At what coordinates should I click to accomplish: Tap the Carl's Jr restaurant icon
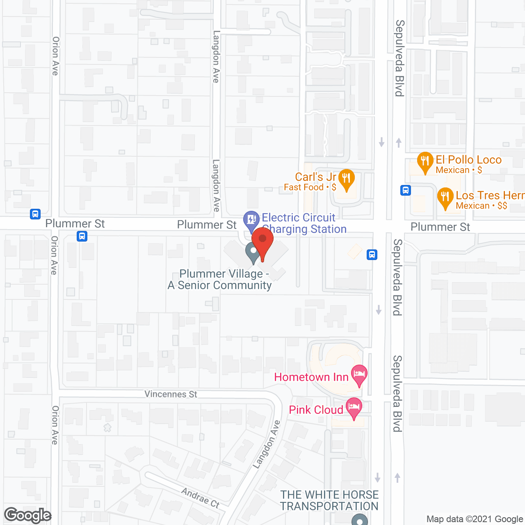click(x=347, y=179)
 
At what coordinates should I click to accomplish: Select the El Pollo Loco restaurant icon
click(x=425, y=162)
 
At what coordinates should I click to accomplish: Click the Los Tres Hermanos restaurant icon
click(x=445, y=197)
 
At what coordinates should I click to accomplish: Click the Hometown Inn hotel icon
click(x=359, y=374)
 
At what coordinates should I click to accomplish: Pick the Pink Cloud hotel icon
click(x=354, y=407)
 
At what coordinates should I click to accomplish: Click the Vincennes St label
click(x=171, y=394)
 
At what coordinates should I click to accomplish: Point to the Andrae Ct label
click(x=201, y=498)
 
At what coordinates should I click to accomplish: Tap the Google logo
click(x=28, y=515)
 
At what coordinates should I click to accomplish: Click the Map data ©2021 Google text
click(x=475, y=519)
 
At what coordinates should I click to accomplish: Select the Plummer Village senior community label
click(x=220, y=279)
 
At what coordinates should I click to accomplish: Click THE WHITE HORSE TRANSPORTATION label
click(x=329, y=500)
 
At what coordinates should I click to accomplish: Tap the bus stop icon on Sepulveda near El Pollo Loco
click(x=406, y=190)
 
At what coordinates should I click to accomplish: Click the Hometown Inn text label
click(x=311, y=377)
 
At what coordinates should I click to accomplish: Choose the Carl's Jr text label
click(x=315, y=177)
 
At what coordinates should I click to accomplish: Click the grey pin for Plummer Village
click(x=252, y=252)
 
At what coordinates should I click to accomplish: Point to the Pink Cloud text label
click(x=316, y=410)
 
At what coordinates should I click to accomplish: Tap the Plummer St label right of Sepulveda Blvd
click(x=440, y=227)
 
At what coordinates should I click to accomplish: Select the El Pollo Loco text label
click(x=468, y=160)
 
